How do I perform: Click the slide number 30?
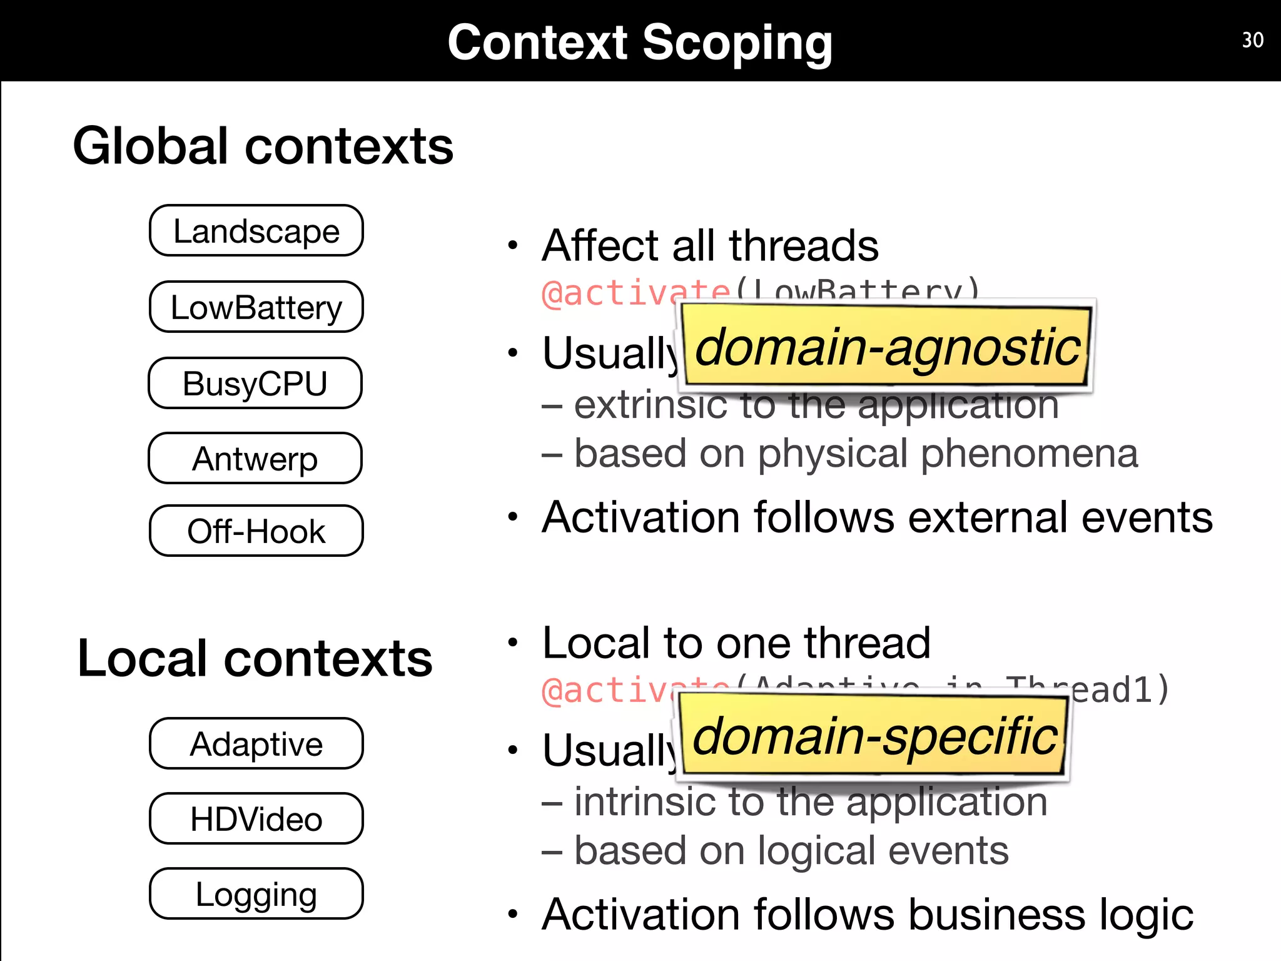pyautogui.click(x=1252, y=40)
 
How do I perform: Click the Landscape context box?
pyautogui.click(x=256, y=231)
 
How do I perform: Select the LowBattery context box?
pyautogui.click(x=256, y=307)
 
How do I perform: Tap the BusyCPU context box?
pyautogui.click(x=255, y=383)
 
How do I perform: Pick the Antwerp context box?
pyautogui.click(x=255, y=459)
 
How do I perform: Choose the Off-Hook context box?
pyautogui.click(x=256, y=531)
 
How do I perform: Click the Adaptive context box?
pyautogui.click(x=256, y=744)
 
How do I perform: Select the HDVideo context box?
pyautogui.click(x=256, y=819)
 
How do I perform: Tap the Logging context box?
pyautogui.click(x=256, y=894)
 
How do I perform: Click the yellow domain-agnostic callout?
pyautogui.click(x=886, y=347)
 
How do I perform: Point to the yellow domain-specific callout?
pyautogui.click(x=874, y=736)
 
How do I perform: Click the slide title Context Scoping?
pyautogui.click(x=640, y=43)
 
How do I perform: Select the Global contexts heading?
pyautogui.click(x=263, y=146)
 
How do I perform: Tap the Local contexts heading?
pyautogui.click(x=255, y=659)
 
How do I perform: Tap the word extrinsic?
pyautogui.click(x=651, y=405)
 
